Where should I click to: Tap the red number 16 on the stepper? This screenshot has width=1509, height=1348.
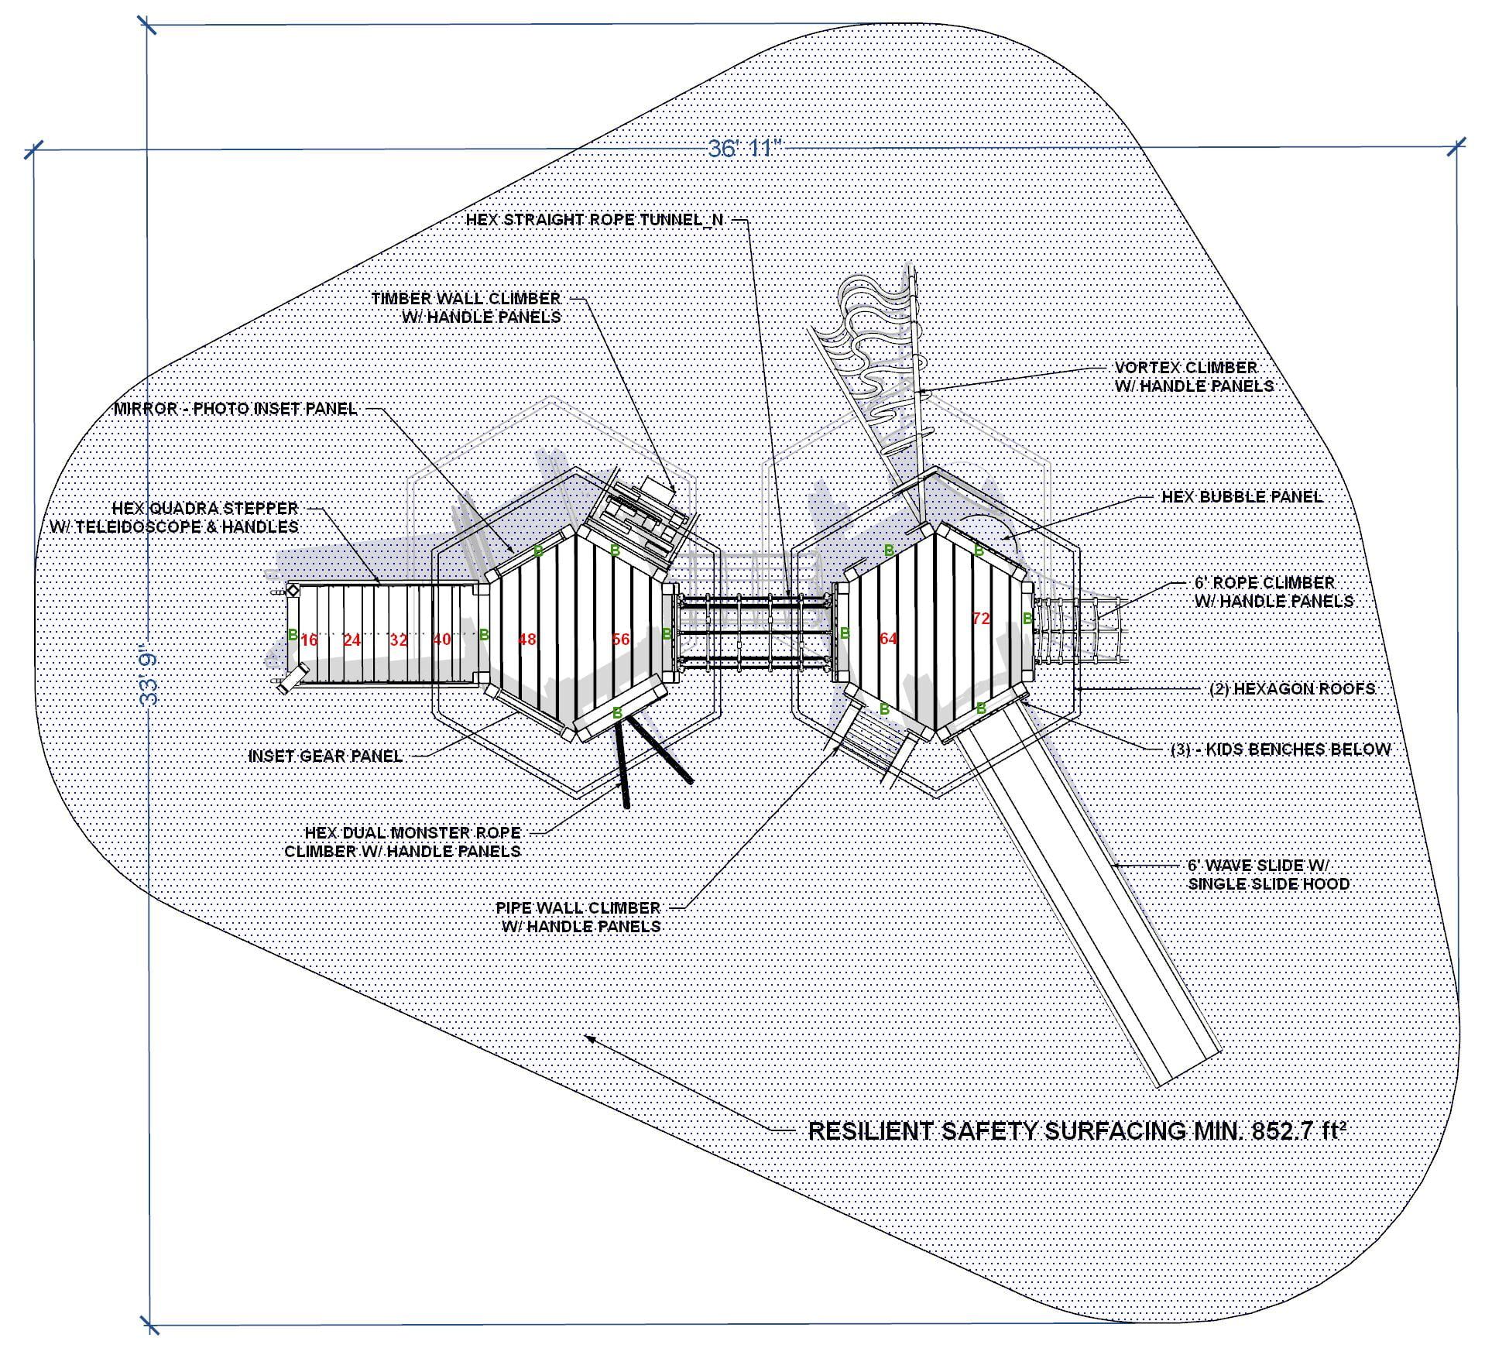coord(309,640)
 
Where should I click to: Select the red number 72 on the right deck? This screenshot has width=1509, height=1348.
coord(981,619)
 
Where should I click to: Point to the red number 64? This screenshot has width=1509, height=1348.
coord(888,639)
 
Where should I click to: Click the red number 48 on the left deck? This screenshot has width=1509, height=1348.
coord(527,640)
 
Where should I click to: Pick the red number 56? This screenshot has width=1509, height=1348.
coord(621,640)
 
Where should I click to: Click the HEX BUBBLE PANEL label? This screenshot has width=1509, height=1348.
coord(1241,496)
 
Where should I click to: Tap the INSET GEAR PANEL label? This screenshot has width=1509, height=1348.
coord(325,756)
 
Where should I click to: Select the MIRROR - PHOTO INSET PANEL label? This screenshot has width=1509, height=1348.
coord(235,409)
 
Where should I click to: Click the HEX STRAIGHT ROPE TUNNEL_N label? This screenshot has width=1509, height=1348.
coord(594,220)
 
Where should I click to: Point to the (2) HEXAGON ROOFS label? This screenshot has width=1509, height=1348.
coord(1291,688)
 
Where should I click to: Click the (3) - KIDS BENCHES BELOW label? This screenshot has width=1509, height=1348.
coord(1280,749)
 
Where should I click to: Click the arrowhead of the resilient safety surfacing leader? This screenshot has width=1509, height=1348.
coord(588,1038)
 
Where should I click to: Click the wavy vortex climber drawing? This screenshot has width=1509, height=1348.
coord(875,341)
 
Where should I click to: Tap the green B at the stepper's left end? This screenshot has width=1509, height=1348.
coord(293,635)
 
